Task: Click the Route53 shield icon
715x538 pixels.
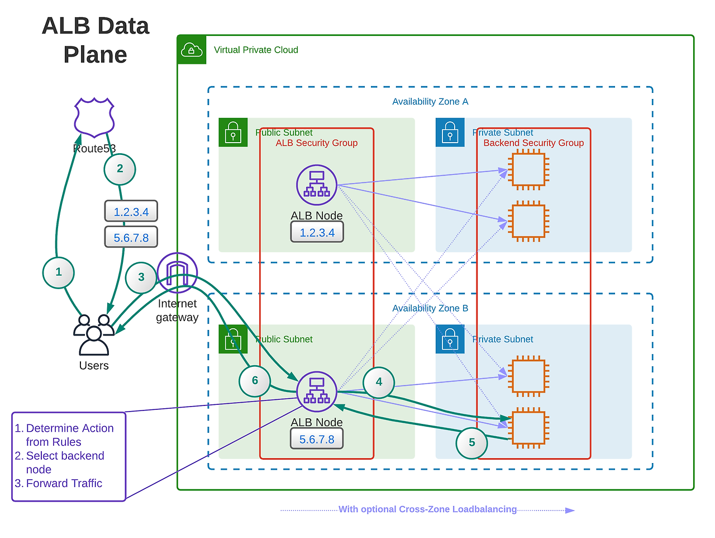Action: [x=94, y=117]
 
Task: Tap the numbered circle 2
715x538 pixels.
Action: [x=120, y=169]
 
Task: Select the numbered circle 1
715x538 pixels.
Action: [x=59, y=272]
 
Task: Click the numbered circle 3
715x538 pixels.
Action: [x=141, y=277]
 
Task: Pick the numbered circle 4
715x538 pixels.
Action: [x=379, y=383]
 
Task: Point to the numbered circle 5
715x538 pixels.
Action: [x=471, y=443]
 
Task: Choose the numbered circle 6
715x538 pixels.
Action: [x=255, y=381]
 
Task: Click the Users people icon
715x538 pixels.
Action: [x=94, y=335]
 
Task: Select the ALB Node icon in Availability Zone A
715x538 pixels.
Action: [x=317, y=185]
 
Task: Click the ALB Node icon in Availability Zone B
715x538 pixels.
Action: [x=317, y=391]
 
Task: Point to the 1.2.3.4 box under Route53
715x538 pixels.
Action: [x=131, y=212]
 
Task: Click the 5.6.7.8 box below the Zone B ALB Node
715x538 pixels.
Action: [x=317, y=440]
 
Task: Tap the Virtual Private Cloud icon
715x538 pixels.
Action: [x=192, y=50]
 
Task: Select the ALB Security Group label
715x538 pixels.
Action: [x=316, y=143]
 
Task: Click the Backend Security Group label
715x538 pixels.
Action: [x=533, y=143]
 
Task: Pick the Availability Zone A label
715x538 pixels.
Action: [x=430, y=102]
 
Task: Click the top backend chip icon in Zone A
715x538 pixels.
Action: [x=528, y=169]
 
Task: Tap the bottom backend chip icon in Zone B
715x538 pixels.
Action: [x=528, y=428]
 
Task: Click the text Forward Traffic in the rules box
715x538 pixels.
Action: [x=64, y=484]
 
